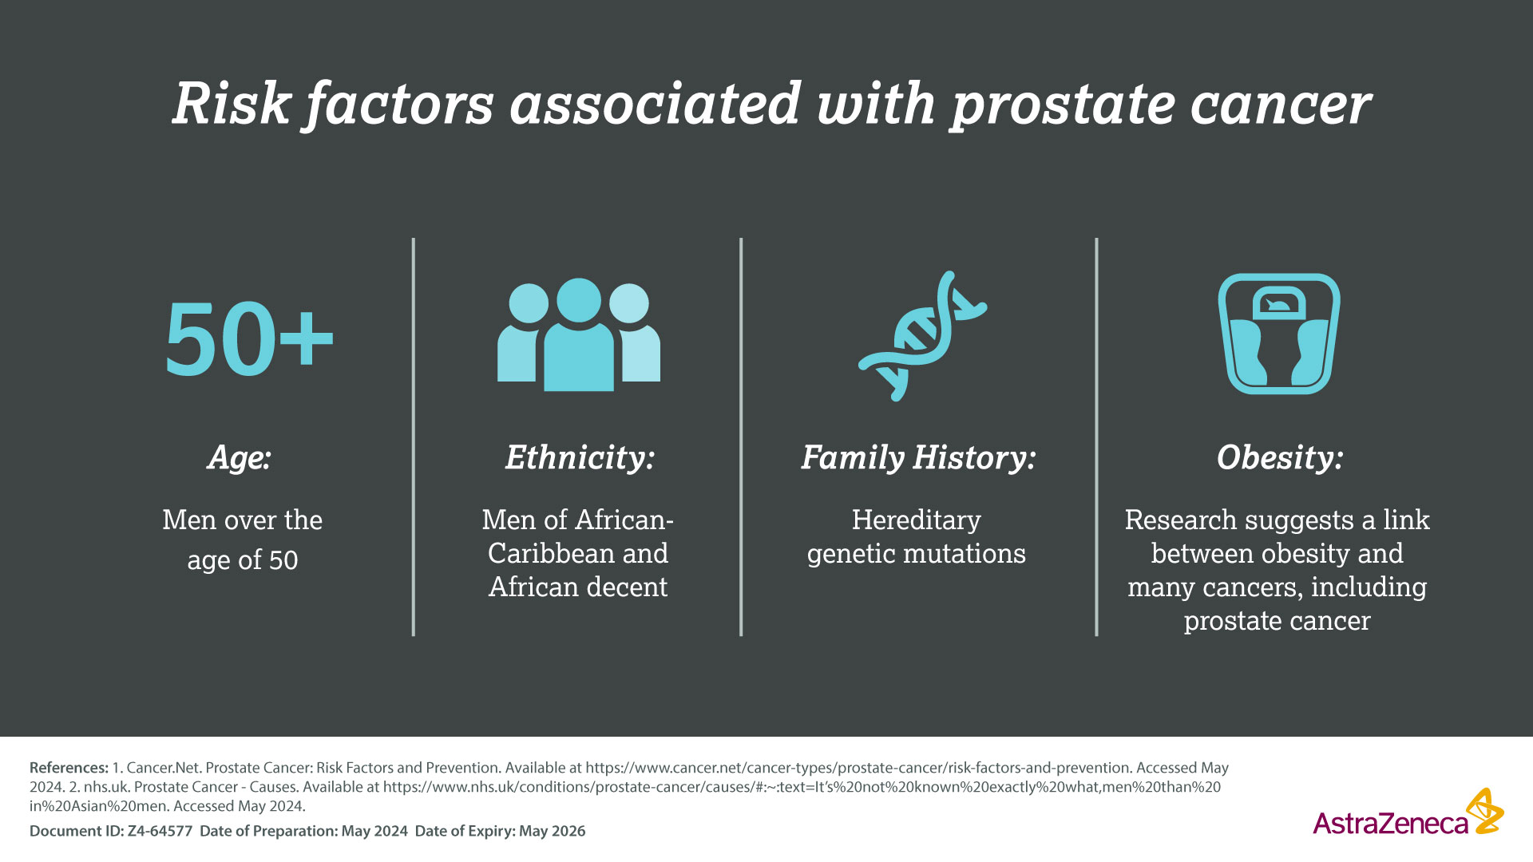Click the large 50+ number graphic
[249, 338]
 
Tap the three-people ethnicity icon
[579, 334]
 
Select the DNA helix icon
[922, 335]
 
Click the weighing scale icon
[1279, 334]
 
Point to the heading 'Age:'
[240, 458]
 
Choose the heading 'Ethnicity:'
[580, 458]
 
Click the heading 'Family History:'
[918, 458]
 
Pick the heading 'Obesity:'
[1280, 458]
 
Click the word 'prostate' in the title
[1063, 105]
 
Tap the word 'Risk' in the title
[231, 103]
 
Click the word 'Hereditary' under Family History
[917, 520]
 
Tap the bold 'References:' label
[69, 768]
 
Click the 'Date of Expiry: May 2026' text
[500, 831]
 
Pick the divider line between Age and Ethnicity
[414, 437]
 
